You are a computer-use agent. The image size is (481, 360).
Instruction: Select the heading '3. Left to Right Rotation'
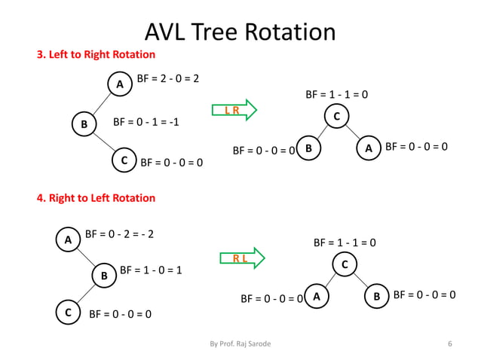(97, 55)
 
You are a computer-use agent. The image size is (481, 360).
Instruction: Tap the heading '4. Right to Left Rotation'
(97, 198)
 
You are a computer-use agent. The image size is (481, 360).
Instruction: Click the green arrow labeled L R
(234, 111)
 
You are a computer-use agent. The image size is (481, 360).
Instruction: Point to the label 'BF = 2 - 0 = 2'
(167, 78)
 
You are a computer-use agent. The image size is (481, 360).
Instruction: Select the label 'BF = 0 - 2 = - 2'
(120, 234)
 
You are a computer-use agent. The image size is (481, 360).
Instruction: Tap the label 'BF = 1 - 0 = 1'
(151, 270)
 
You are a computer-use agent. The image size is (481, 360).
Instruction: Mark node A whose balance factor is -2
(68, 240)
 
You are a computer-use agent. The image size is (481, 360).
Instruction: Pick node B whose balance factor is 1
(104, 276)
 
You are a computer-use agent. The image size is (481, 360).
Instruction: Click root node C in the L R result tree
(336, 117)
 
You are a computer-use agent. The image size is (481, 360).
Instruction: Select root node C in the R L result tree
(345, 265)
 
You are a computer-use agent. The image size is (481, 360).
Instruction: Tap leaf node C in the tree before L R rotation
(124, 160)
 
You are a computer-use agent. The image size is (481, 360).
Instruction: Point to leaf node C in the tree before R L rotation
(68, 312)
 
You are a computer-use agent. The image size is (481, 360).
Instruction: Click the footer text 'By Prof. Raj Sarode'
(240, 343)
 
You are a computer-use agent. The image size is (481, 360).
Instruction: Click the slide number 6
(449, 343)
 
